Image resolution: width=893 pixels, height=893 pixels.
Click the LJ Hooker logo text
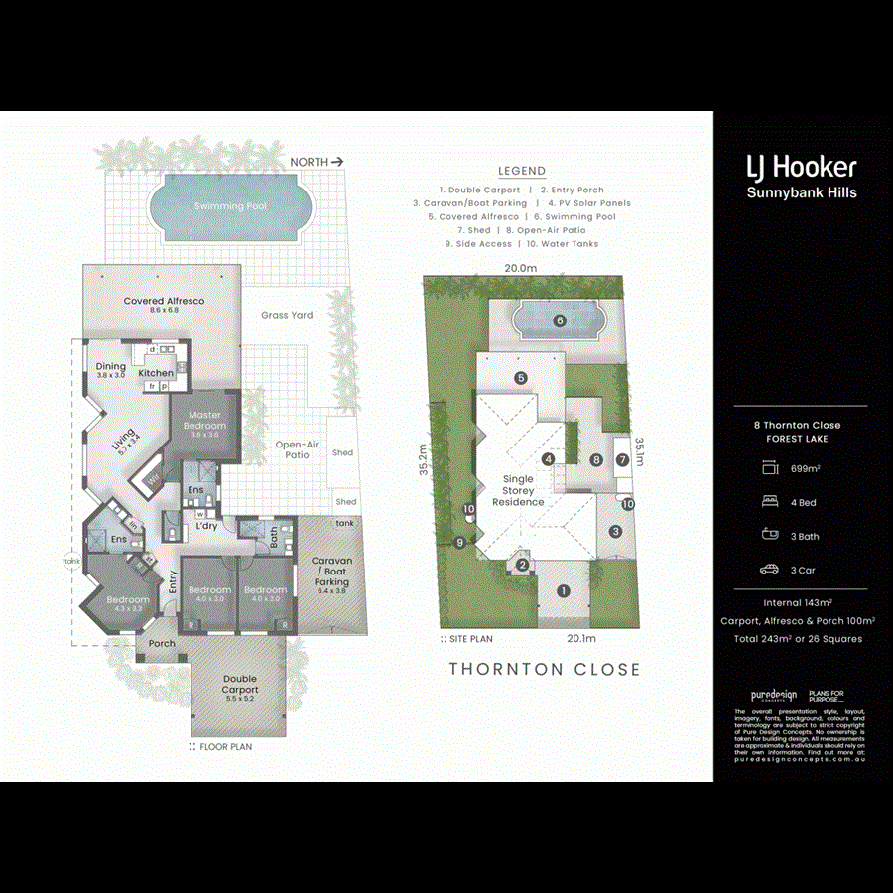pyautogui.click(x=801, y=167)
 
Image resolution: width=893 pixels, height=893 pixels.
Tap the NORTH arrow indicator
pyautogui.click(x=317, y=161)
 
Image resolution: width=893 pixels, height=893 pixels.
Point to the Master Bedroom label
pyautogui.click(x=203, y=420)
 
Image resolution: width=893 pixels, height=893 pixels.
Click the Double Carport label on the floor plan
pyautogui.click(x=240, y=684)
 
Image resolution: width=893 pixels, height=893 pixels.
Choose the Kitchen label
pyautogui.click(x=156, y=373)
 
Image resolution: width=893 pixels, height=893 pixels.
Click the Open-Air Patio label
pyautogui.click(x=297, y=450)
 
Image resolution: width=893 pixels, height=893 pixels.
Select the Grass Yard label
pyautogui.click(x=287, y=315)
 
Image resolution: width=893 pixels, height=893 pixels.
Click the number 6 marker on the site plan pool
pyautogui.click(x=560, y=320)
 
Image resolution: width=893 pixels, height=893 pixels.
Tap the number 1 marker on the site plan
pyautogui.click(x=564, y=591)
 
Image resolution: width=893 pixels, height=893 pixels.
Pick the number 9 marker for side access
pyautogui.click(x=460, y=542)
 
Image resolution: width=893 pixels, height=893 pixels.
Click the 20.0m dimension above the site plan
pyautogui.click(x=520, y=268)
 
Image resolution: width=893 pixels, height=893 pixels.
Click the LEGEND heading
pyautogui.click(x=521, y=171)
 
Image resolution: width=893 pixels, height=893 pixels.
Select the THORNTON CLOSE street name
pyautogui.click(x=545, y=669)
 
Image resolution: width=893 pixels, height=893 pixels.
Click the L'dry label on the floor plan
pyautogui.click(x=206, y=526)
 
